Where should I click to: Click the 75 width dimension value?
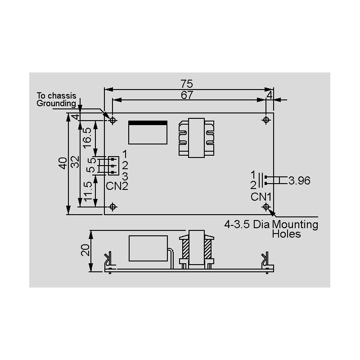187,84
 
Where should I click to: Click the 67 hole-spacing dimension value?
187,95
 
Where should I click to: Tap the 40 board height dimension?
63,163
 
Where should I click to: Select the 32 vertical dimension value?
75,162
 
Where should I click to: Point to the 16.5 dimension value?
87,138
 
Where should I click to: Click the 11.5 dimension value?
88,192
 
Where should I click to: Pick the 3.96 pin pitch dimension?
299,180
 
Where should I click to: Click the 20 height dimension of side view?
85,250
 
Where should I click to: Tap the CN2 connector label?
117,186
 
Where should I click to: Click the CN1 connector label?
261,197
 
